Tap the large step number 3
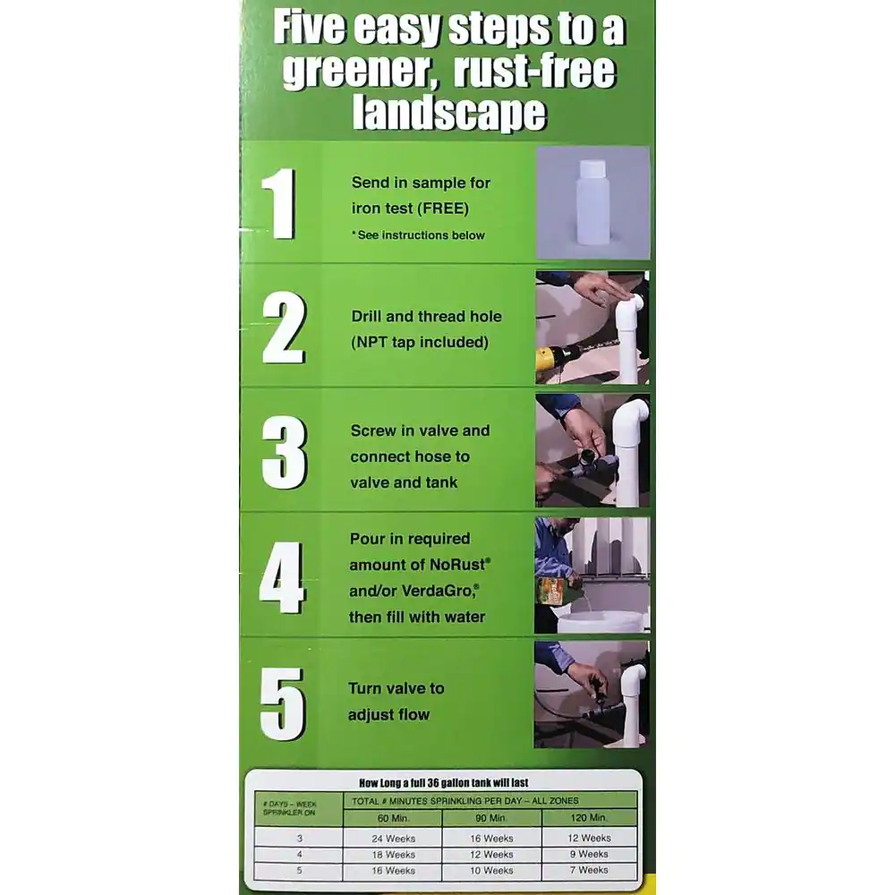[x=284, y=452]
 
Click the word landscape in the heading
[x=449, y=114]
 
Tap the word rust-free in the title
[x=536, y=71]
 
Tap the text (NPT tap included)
[x=420, y=342]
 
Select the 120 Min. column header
[x=590, y=818]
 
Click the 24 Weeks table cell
[x=393, y=839]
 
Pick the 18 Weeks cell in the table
[x=393, y=855]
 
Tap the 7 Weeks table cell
[x=590, y=870]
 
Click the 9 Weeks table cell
[x=590, y=855]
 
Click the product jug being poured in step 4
[x=552, y=591]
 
